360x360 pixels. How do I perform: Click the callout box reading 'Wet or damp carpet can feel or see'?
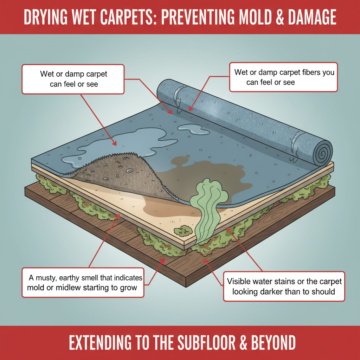73,79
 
